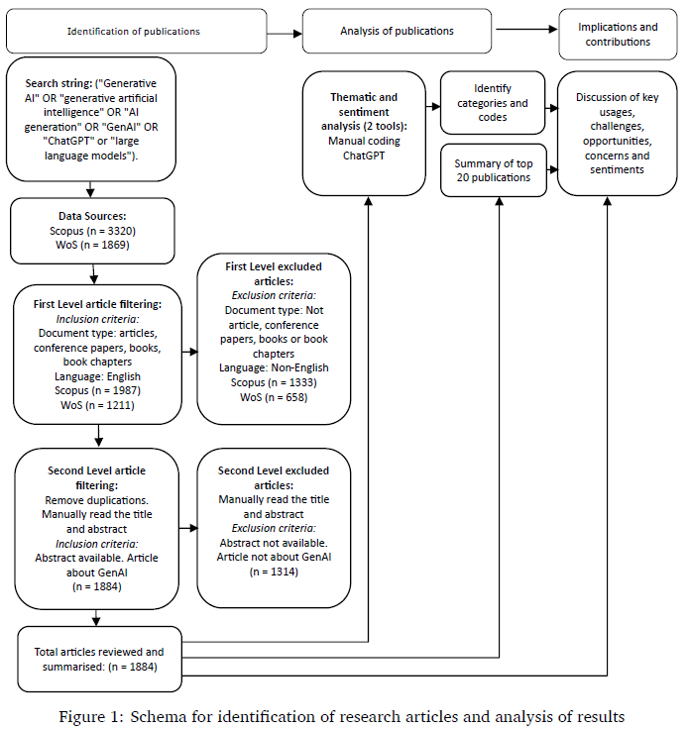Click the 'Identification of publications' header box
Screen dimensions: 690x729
point(137,31)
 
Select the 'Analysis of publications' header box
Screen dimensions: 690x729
point(397,31)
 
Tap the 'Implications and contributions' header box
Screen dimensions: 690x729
point(618,34)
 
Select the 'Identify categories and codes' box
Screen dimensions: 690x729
point(493,103)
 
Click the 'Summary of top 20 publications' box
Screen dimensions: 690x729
point(494,170)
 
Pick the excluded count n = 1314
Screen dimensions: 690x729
point(274,572)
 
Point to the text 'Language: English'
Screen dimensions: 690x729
point(97,376)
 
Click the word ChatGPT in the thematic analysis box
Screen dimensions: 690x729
point(364,156)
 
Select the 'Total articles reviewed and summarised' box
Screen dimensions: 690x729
point(99,660)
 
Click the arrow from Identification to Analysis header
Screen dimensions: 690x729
point(285,34)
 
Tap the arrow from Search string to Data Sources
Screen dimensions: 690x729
point(90,189)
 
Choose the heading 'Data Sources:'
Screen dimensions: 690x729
point(92,216)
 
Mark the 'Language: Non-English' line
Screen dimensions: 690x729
point(274,367)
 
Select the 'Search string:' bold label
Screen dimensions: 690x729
point(58,83)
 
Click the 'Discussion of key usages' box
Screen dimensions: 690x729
point(618,134)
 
